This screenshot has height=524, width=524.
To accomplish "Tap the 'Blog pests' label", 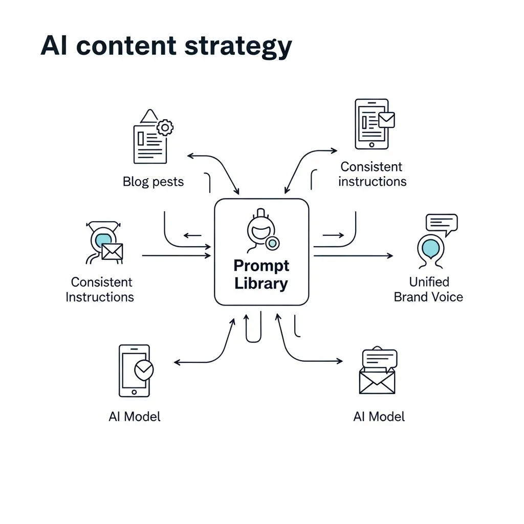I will (x=153, y=182).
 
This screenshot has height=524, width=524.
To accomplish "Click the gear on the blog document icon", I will (x=165, y=127).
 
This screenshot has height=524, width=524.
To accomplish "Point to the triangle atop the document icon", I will (x=149, y=116).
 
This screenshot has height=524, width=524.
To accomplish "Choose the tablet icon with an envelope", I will (x=373, y=124).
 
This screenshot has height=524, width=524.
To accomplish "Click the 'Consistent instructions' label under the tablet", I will (x=372, y=174).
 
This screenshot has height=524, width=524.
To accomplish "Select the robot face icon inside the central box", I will (x=261, y=231).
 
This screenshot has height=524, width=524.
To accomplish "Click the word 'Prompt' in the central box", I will (x=261, y=266).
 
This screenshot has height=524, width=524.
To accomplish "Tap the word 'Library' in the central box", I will (x=261, y=283).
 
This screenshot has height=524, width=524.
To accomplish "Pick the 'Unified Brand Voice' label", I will (x=428, y=289).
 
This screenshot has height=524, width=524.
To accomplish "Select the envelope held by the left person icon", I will (x=112, y=251).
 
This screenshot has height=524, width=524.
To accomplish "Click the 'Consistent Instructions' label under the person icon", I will (x=100, y=289).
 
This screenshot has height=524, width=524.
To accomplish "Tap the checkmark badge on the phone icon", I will (x=143, y=368).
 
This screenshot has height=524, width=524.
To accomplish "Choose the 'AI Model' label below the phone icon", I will (x=135, y=417).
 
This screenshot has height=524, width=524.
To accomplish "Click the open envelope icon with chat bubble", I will (x=378, y=372).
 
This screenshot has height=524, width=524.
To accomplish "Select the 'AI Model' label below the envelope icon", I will (x=379, y=417).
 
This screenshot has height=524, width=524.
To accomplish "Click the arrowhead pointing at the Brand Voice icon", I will (x=390, y=255).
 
